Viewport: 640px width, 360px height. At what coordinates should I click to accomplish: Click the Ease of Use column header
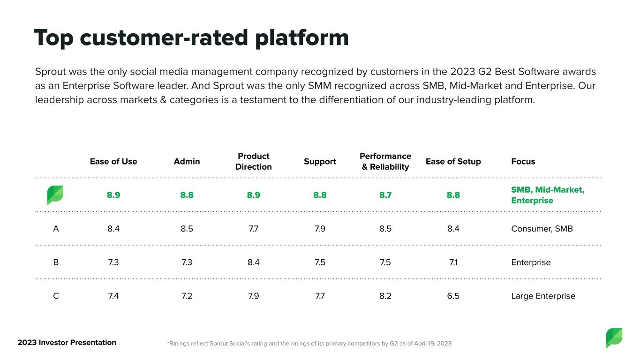[x=113, y=161]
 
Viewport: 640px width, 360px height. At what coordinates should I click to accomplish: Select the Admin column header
[x=187, y=161]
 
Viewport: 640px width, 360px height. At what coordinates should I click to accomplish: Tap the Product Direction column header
[x=254, y=161]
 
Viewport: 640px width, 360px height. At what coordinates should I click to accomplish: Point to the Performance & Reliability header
[x=385, y=161]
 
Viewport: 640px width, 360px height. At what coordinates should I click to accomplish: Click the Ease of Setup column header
[x=453, y=161]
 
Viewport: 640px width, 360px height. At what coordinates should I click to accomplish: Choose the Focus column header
[x=523, y=161]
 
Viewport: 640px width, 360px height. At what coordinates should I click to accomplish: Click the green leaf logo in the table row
[x=55, y=195]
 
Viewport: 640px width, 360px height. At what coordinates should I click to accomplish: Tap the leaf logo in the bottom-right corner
[x=614, y=338]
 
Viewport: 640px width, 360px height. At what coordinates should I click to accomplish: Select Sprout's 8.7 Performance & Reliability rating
[x=385, y=195]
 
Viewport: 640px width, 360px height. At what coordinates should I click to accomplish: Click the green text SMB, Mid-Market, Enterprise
[x=548, y=195]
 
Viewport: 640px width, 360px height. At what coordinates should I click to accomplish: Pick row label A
[x=56, y=229]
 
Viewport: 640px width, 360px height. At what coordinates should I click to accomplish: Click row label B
[x=56, y=262]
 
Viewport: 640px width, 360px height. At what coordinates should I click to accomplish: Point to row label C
[x=56, y=296]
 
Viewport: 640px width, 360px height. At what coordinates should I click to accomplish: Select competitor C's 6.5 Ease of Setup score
[x=453, y=296]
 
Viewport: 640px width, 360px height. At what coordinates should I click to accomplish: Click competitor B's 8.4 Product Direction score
[x=254, y=262]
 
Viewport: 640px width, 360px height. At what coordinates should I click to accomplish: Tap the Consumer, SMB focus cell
[x=542, y=229]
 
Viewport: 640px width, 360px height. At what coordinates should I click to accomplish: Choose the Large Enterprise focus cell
[x=543, y=296]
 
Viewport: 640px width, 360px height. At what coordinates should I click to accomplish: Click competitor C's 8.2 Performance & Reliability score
[x=385, y=296]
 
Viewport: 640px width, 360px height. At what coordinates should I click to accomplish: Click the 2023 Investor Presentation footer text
[x=67, y=342]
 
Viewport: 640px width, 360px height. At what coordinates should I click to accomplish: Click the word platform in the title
[x=302, y=38]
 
